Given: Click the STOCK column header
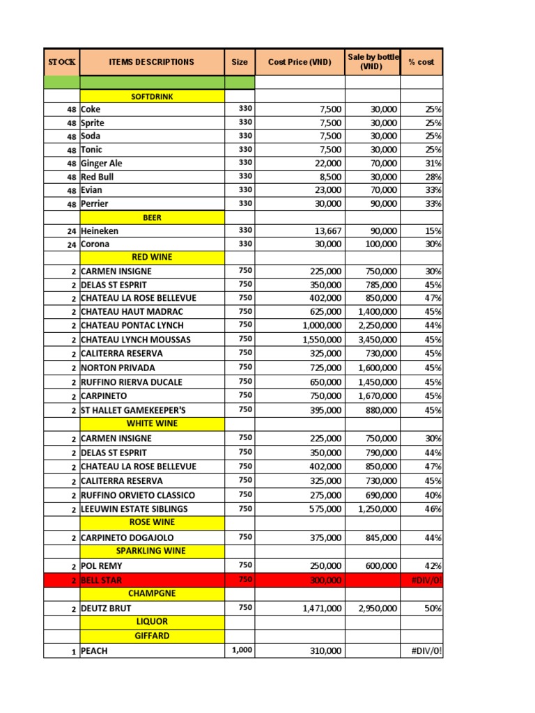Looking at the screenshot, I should point(61,62).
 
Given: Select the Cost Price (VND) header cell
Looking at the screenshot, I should point(300,62).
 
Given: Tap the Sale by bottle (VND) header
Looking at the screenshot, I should point(372,62).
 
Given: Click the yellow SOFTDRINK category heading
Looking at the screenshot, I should point(152,96).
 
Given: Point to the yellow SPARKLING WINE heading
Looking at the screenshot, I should point(152,551).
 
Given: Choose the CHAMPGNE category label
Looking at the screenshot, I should point(152,594).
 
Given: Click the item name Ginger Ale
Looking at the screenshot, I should point(102,163).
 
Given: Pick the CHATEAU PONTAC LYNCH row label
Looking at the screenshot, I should point(132,326).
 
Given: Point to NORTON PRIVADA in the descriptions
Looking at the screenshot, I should point(118,368).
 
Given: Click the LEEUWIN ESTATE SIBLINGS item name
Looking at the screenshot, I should point(134,509).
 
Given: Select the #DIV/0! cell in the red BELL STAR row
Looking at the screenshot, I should point(427,580).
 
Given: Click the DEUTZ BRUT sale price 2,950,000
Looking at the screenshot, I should point(378,609).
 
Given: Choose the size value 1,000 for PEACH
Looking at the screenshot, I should point(242,650).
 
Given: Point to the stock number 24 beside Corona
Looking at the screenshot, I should point(72,244).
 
